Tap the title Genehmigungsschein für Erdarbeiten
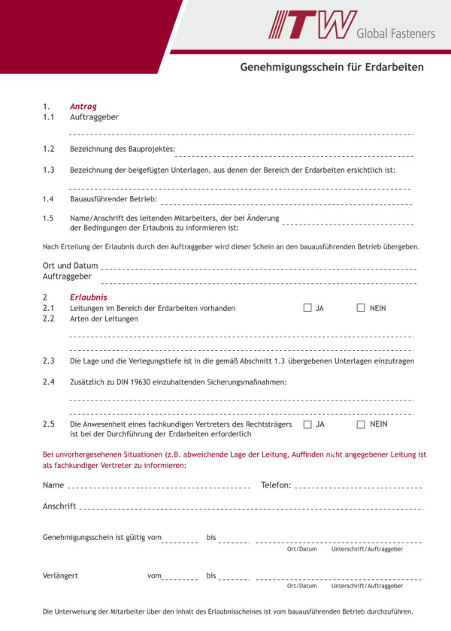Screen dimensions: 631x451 (x=331, y=68)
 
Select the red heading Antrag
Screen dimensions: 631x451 (x=83, y=107)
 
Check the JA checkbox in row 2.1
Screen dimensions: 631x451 (x=307, y=307)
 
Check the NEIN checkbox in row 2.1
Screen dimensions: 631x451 (x=361, y=307)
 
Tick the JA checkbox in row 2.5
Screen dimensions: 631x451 (x=307, y=424)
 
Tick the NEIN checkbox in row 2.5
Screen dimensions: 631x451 (x=361, y=424)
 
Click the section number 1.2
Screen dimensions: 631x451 (x=49, y=149)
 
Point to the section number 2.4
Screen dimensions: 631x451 (x=49, y=382)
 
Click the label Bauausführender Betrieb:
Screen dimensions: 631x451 (x=114, y=199)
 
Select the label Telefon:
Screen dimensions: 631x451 (x=276, y=485)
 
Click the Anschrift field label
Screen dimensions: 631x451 (x=59, y=506)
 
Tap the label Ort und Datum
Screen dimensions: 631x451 (x=71, y=265)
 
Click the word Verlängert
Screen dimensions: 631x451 (x=61, y=575)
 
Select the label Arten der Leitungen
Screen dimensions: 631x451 (x=104, y=319)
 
